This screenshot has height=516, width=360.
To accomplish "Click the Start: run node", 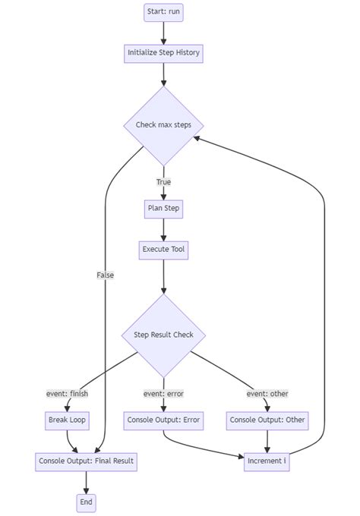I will [163, 12].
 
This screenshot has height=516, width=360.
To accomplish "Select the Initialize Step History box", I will [163, 53].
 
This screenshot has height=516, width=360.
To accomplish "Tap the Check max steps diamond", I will [163, 125].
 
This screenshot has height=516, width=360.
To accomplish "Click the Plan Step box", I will [163, 208].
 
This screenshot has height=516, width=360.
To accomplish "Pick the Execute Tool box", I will [163, 249].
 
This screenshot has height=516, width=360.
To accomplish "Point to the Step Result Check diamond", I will [163, 335].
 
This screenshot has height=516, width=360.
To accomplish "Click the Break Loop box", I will [68, 420].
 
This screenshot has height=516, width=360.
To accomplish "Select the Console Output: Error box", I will [163, 420].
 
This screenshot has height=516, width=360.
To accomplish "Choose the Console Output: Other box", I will [267, 420].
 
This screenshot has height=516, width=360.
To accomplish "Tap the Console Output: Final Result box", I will [87, 461].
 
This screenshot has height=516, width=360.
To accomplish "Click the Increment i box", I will [267, 461].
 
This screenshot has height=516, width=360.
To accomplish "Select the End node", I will [87, 502].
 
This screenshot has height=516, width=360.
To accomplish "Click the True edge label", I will [163, 182].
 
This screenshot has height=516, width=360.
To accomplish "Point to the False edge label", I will [105, 275].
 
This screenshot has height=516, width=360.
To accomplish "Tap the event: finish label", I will [68, 393].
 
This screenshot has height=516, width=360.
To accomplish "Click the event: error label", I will [163, 393].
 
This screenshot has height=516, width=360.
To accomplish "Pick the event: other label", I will [267, 393].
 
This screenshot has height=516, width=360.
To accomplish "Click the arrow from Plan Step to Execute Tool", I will [163, 228].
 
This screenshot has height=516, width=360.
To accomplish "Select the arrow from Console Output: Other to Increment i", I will [267, 440].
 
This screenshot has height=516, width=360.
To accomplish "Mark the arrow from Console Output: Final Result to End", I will [87, 482].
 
